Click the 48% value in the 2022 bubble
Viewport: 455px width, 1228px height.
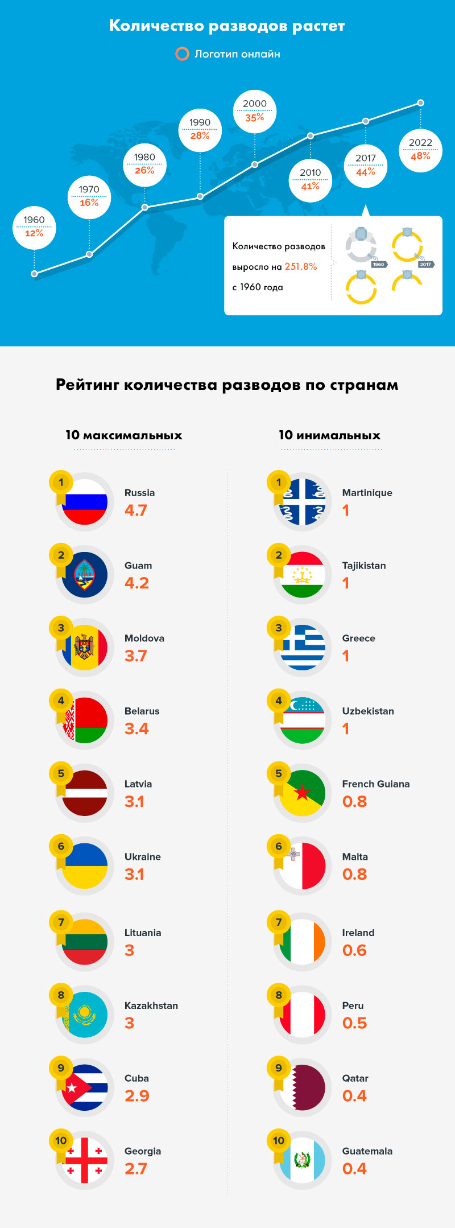click(420, 156)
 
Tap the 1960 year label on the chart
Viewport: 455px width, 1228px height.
click(34, 220)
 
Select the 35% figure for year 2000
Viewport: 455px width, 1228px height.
click(255, 118)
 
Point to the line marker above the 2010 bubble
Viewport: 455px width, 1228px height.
click(311, 135)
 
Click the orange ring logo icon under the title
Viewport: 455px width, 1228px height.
click(182, 54)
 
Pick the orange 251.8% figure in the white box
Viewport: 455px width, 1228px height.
click(301, 266)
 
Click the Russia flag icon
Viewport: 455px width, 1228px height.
click(85, 502)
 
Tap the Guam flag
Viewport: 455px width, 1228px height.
click(85, 575)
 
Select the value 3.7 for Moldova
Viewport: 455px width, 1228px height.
click(136, 656)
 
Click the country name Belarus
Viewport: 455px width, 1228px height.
click(142, 711)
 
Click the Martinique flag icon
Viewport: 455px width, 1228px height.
click(303, 502)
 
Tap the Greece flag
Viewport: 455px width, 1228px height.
click(303, 648)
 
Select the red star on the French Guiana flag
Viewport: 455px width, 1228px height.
click(303, 793)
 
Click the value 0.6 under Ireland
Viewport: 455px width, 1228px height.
click(354, 950)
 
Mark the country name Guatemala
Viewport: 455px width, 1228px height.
click(367, 1151)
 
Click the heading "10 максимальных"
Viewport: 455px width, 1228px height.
click(124, 435)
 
